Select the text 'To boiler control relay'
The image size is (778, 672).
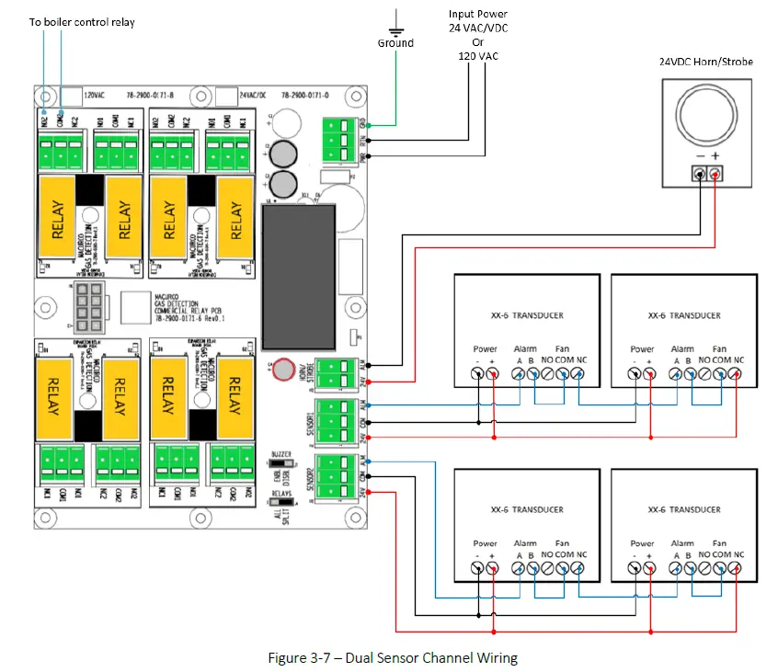coord(83,21)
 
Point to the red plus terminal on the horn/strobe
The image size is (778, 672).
coord(717,174)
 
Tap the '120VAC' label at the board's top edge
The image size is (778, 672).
coord(97,95)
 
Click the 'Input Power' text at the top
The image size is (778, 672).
coord(477,14)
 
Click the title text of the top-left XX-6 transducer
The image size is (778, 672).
coord(526,315)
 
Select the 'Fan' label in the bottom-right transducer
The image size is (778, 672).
coord(719,543)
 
